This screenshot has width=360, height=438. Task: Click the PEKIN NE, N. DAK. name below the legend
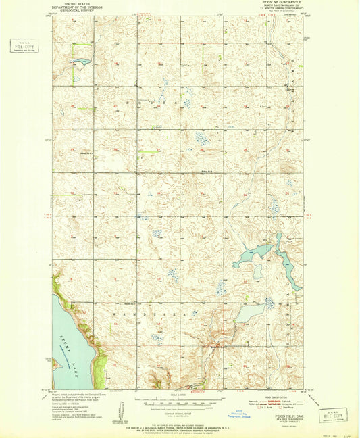(x=287, y=418)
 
